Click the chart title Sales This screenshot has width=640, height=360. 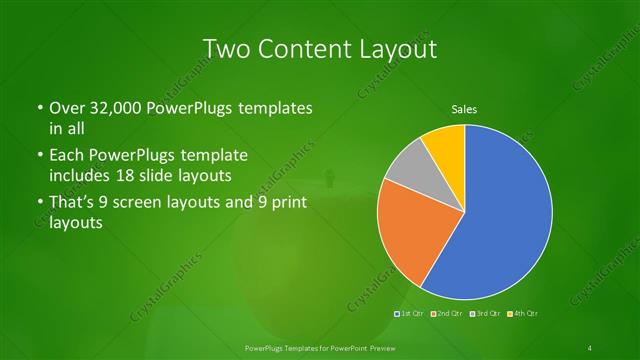point(464,109)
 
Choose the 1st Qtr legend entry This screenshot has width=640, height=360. point(410,313)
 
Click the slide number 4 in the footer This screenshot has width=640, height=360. point(591,347)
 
